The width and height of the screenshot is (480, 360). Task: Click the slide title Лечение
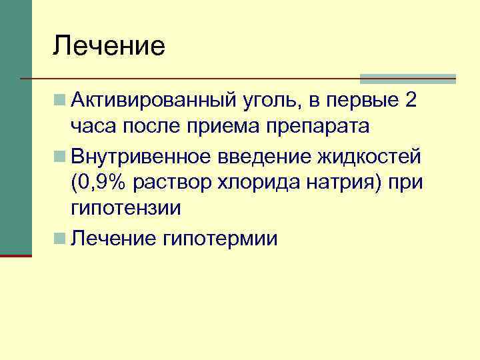[109, 45]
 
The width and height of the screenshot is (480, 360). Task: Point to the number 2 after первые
[411, 100]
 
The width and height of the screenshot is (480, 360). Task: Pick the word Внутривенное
[139, 155]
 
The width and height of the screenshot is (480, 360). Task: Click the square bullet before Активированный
[61, 101]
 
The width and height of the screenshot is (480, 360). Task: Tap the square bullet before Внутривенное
[61, 155]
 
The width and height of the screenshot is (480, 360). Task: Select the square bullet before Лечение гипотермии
[61, 237]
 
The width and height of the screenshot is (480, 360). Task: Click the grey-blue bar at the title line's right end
[407, 79]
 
